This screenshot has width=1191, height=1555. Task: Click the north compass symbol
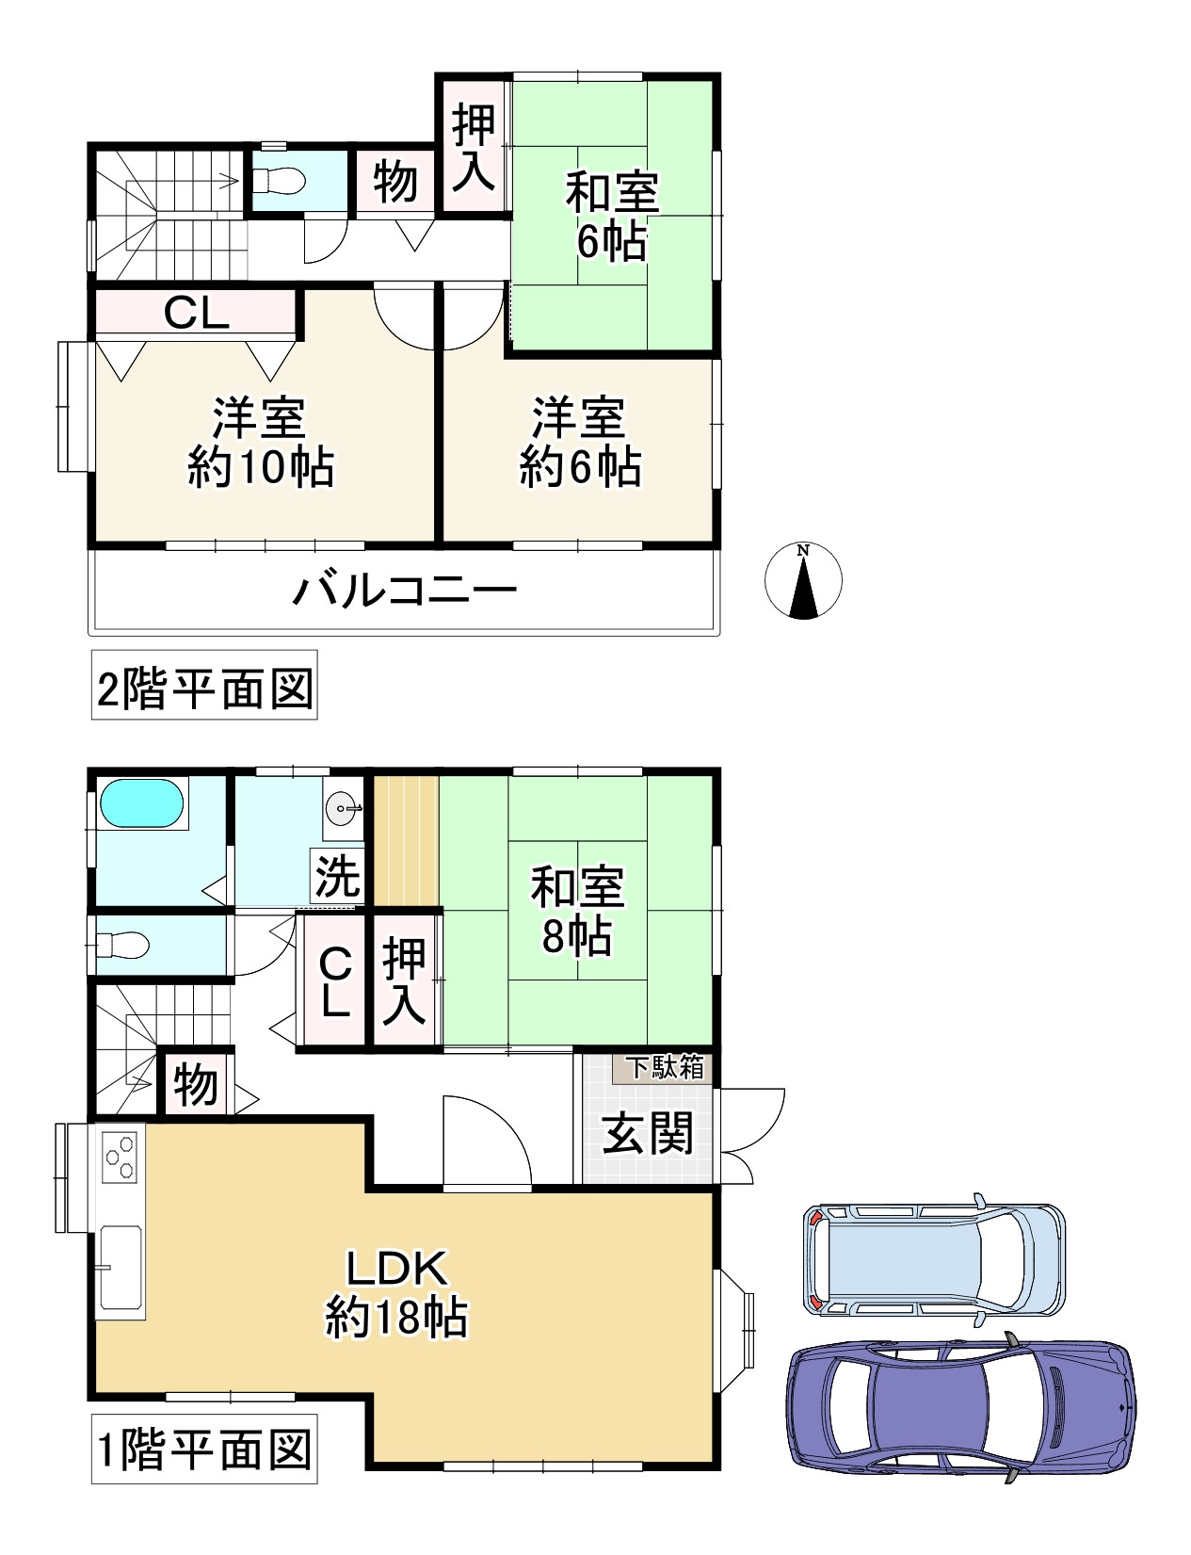(x=802, y=580)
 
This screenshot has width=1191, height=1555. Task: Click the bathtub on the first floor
(x=141, y=802)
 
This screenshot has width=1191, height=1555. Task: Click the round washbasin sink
(x=343, y=809)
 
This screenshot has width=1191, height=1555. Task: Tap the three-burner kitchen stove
(x=120, y=1157)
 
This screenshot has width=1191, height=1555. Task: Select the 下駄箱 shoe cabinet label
(x=665, y=1067)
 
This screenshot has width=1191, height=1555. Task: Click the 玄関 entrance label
(x=648, y=1133)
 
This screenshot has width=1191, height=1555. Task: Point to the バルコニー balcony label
(x=404, y=591)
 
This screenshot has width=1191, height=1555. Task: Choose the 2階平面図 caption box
(x=204, y=685)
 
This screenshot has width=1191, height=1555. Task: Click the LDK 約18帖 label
(x=397, y=1291)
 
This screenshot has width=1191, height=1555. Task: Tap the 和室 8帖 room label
(x=577, y=910)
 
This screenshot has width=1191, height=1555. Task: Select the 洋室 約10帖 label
(x=261, y=443)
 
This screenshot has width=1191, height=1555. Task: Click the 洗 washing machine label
(x=338, y=876)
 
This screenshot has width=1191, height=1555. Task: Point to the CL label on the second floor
(x=196, y=314)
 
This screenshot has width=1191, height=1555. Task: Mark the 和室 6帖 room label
(x=612, y=217)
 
